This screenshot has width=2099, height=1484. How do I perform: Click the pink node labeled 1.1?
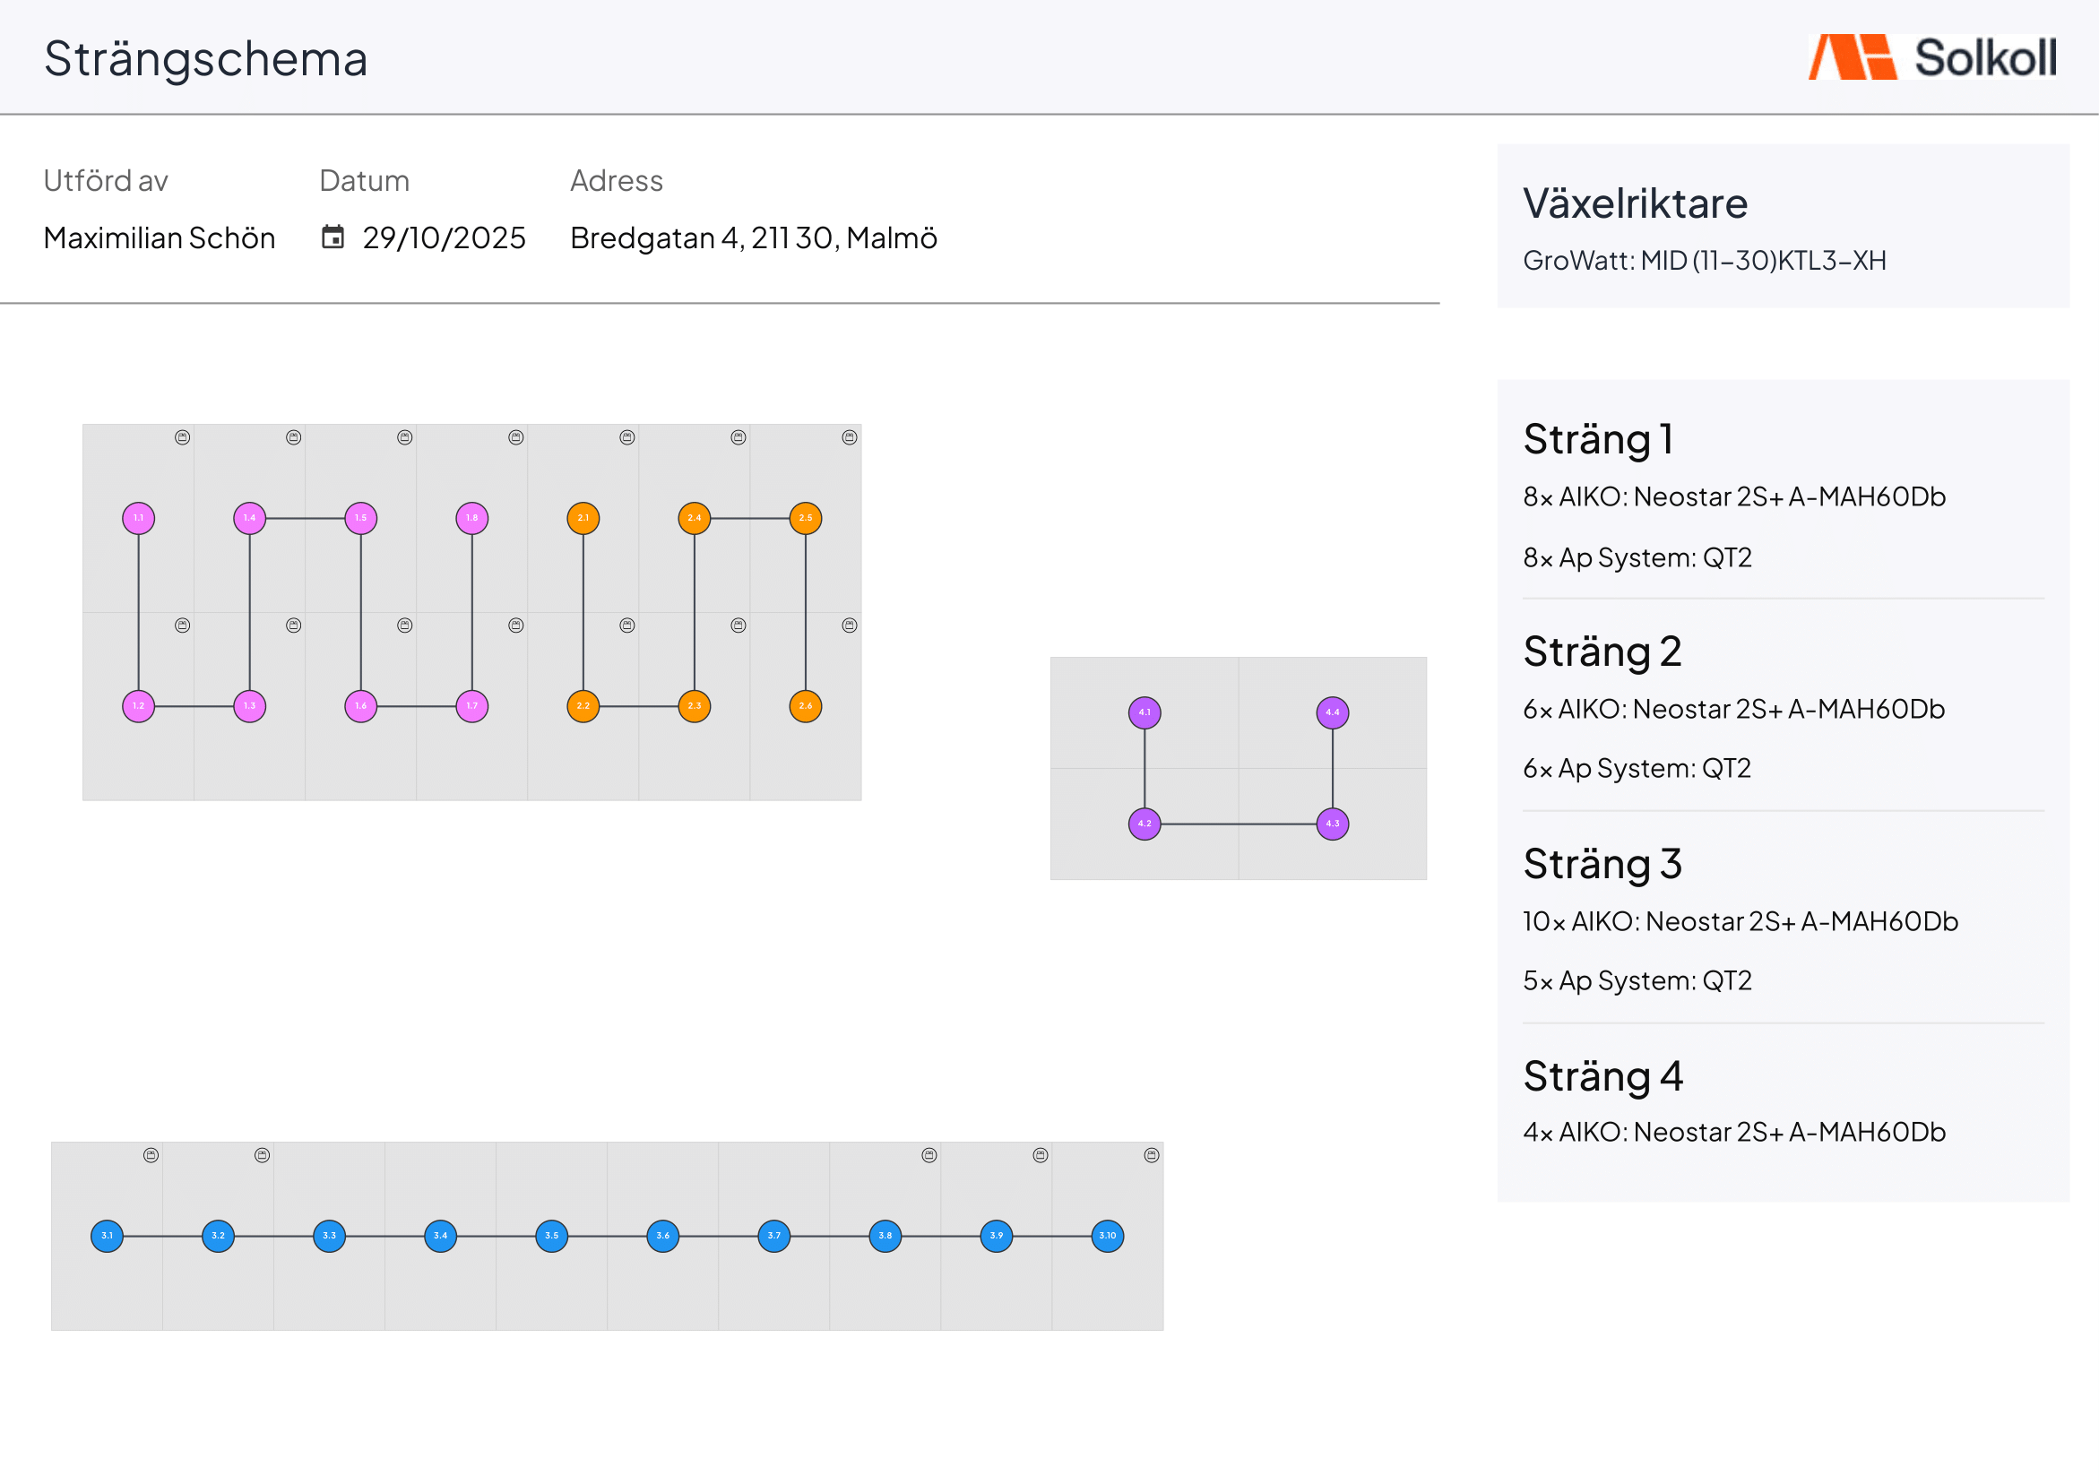[x=138, y=519]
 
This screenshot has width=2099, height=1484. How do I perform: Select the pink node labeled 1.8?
[x=471, y=519]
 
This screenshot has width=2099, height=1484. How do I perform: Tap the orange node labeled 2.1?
[x=583, y=519]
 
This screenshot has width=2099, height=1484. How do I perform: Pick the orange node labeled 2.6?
[x=806, y=706]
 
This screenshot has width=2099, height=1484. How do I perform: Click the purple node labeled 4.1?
[x=1145, y=712]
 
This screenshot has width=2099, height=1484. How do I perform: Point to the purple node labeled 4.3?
[x=1333, y=824]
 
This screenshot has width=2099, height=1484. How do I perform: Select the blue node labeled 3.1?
[x=107, y=1236]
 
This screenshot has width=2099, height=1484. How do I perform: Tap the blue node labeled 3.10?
[x=1108, y=1236]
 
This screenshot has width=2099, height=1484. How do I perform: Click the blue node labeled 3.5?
[x=552, y=1236]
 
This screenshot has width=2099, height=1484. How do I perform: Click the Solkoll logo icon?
[x=1853, y=57]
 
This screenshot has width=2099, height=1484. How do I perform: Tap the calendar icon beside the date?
[x=333, y=237]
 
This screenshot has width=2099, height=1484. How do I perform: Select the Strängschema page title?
[x=206, y=59]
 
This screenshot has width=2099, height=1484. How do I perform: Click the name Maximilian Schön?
[x=159, y=237]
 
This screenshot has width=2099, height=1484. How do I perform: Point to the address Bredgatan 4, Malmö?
[x=754, y=237]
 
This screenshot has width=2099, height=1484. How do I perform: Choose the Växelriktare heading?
[x=1636, y=203]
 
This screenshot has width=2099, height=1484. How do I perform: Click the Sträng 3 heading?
[x=1602, y=864]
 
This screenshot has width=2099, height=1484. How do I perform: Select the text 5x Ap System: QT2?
[x=1637, y=981]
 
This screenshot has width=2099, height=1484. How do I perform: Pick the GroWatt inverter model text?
[x=1705, y=261]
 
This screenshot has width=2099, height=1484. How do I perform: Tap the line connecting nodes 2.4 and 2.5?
[x=749, y=519]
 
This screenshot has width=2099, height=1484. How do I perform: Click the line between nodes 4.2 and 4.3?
[x=1239, y=824]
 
